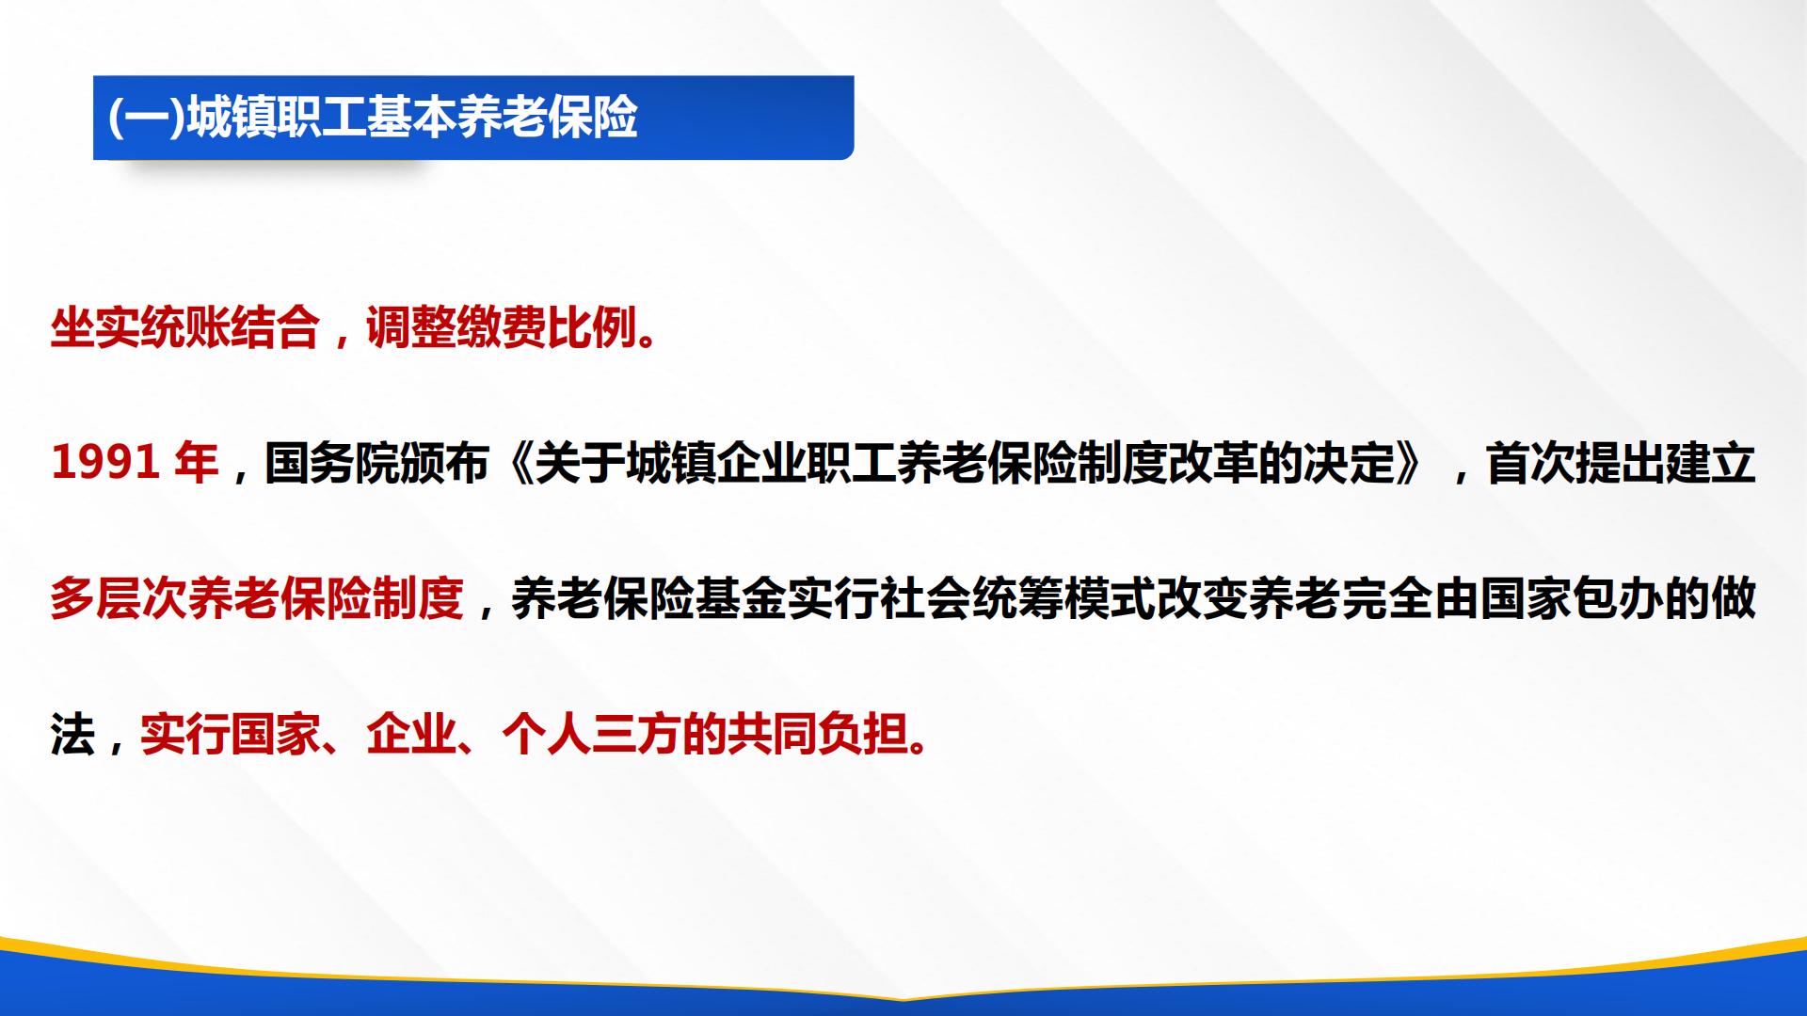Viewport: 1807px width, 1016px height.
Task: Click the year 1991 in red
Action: [105, 464]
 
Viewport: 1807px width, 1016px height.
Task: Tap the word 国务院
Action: [331, 464]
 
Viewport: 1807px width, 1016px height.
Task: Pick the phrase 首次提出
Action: [1576, 464]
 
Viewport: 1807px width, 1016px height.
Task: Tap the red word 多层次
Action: [119, 599]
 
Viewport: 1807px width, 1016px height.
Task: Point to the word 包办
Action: [1618, 599]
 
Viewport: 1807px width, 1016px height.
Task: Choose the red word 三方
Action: [637, 735]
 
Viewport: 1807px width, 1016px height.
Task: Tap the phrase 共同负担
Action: [818, 735]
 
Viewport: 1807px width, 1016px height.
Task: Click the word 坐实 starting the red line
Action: [96, 328]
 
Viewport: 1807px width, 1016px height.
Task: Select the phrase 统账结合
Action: [232, 328]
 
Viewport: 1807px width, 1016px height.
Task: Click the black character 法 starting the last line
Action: [73, 735]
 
